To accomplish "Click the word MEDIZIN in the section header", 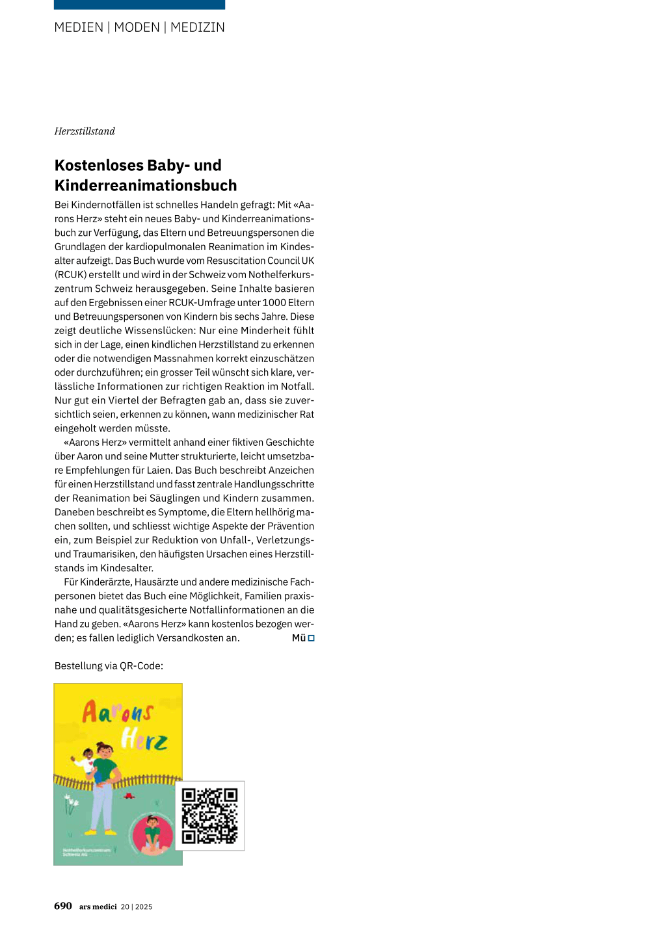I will (197, 27).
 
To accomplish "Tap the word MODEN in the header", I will (137, 27).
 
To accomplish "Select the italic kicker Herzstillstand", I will (85, 131).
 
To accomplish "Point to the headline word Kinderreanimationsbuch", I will (146, 185).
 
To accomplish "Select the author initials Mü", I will (299, 638).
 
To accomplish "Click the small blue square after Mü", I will (312, 638).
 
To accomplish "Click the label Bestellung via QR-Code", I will (109, 666).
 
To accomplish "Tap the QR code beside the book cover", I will (209, 816).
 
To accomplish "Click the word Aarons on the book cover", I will (117, 712).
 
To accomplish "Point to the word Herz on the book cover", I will (144, 740).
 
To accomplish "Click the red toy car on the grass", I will (129, 795).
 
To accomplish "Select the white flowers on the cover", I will (71, 804).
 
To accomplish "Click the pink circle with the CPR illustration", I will (153, 834).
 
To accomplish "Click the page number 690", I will (63, 906).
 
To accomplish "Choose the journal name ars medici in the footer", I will (98, 907).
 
